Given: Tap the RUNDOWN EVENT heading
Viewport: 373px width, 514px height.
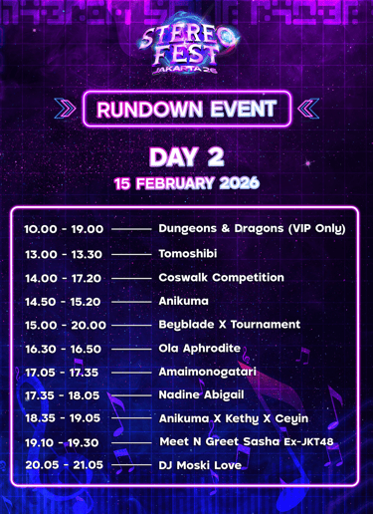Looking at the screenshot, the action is [187, 110].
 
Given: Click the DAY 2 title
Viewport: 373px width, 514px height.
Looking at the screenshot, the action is [187, 156].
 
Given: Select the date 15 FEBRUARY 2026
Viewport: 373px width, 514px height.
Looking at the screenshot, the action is [187, 183].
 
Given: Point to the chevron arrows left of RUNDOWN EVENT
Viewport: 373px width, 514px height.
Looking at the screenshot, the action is [65, 109].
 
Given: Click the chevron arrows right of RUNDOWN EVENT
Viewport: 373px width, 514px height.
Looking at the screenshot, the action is [308, 109].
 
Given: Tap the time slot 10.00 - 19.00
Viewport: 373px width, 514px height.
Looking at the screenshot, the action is [64, 229].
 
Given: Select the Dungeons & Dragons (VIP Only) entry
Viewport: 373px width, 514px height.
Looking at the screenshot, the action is [252, 229].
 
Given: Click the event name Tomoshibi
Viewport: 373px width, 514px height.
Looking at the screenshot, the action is [188, 254].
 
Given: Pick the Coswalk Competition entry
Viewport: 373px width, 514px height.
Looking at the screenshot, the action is [222, 278].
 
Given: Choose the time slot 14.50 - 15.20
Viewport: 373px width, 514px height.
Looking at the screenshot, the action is [63, 302].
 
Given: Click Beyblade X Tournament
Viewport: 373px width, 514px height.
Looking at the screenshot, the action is [230, 325].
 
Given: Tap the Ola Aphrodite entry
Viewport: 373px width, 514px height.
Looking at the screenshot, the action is [200, 349].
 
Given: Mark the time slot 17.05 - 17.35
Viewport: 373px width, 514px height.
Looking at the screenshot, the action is [62, 373].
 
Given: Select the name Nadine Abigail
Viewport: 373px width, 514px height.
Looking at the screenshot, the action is [202, 395].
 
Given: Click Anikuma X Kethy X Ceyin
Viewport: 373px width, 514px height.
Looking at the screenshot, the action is [234, 418].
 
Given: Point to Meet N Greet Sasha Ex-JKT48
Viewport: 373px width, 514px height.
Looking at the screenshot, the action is [247, 441].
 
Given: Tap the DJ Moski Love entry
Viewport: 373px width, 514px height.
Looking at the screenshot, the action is [200, 465].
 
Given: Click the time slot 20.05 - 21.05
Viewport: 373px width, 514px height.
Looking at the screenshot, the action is [65, 465].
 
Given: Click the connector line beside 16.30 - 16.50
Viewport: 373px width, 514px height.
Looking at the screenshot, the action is [131, 350].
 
